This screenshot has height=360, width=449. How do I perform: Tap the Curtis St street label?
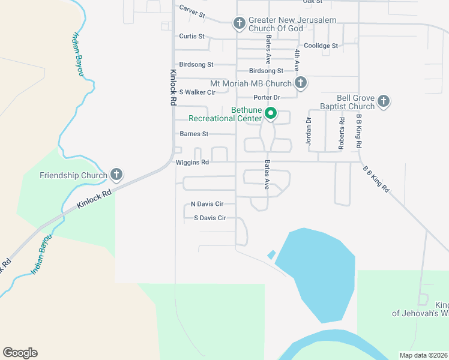click(x=191, y=36)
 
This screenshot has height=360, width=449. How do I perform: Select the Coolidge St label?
click(x=321, y=46)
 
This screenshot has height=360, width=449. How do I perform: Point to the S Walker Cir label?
click(x=197, y=92)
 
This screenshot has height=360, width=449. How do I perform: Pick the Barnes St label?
click(x=194, y=134)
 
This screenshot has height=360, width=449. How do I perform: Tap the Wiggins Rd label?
click(x=192, y=162)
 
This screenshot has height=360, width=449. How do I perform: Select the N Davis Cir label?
click(x=206, y=204)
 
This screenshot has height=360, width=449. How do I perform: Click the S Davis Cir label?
click(x=209, y=218)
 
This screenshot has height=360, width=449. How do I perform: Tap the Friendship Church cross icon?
click(x=116, y=175)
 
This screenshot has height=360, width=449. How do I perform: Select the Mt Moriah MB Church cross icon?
click(x=301, y=83)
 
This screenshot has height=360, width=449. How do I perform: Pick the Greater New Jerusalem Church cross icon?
click(x=239, y=23)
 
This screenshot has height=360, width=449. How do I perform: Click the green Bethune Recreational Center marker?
click(x=271, y=112)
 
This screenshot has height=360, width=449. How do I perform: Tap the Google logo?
click(x=20, y=353)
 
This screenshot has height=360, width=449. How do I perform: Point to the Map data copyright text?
click(x=423, y=355)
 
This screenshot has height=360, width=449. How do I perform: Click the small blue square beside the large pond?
click(x=271, y=254)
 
